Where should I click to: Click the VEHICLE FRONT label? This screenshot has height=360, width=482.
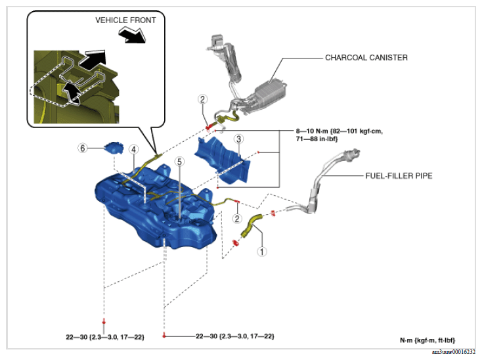point(125,20)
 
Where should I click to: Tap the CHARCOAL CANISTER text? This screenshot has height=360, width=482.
point(366,58)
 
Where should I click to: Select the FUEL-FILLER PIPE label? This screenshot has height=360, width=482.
point(399,176)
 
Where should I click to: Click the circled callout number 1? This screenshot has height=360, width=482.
point(262,252)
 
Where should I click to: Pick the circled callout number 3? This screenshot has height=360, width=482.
point(239,139)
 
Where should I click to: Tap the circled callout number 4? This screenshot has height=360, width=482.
point(133,150)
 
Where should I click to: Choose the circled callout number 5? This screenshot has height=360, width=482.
point(179,162)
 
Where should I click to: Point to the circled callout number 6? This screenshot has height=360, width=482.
point(82,148)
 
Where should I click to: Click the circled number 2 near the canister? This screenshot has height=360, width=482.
point(202,99)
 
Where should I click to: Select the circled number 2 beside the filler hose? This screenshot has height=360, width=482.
point(237,219)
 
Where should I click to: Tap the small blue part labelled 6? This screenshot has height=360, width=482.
point(114,148)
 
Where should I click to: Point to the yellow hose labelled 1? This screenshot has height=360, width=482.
point(251,226)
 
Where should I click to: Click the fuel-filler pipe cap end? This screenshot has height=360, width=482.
point(353,154)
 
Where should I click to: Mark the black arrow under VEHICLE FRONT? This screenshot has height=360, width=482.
point(132,34)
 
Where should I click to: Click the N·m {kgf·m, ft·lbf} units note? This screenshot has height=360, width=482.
point(427,340)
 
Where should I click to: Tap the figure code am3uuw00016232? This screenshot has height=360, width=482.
point(453,352)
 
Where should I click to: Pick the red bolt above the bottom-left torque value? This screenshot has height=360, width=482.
point(104,322)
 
